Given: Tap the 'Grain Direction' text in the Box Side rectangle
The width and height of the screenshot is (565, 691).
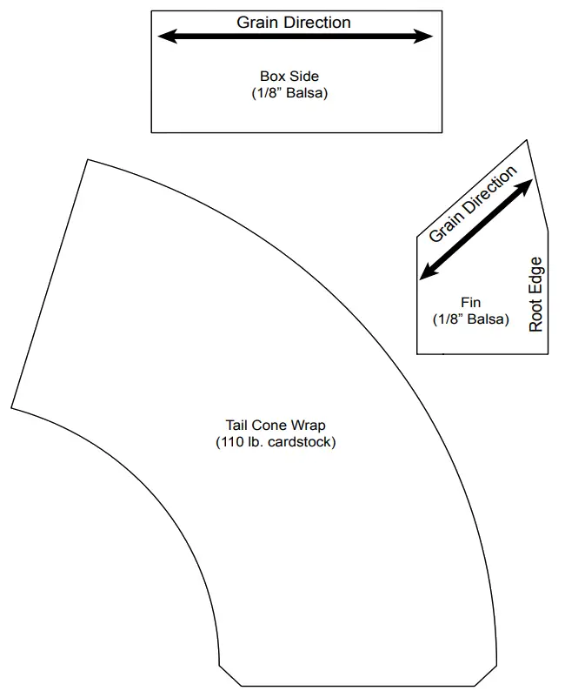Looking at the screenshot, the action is [294, 22].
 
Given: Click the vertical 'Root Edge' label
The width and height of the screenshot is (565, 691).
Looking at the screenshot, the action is [535, 293].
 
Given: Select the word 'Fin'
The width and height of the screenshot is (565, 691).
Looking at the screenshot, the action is [470, 303].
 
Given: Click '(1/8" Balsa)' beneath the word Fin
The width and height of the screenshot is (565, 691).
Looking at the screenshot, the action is [470, 319].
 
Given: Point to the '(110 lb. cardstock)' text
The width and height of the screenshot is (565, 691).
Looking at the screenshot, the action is [276, 442].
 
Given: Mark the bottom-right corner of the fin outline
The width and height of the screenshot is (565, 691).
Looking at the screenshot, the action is [548, 354].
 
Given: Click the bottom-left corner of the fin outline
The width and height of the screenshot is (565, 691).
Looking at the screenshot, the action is [418, 354].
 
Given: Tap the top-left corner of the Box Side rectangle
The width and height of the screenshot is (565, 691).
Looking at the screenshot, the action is [152, 11].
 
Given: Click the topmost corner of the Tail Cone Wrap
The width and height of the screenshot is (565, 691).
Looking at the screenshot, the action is [87, 159].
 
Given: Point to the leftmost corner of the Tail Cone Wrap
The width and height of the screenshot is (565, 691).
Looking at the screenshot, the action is [11, 407].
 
